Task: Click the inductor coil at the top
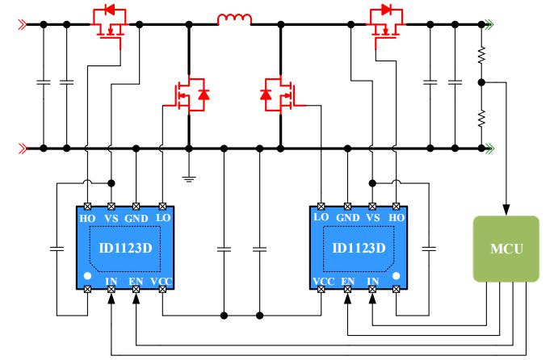(233, 19)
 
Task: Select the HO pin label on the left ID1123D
(86, 219)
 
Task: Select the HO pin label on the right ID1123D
(396, 219)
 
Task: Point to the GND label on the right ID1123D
(347, 219)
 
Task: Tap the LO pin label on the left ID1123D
(162, 219)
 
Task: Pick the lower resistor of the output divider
(482, 117)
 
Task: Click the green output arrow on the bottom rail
(488, 149)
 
